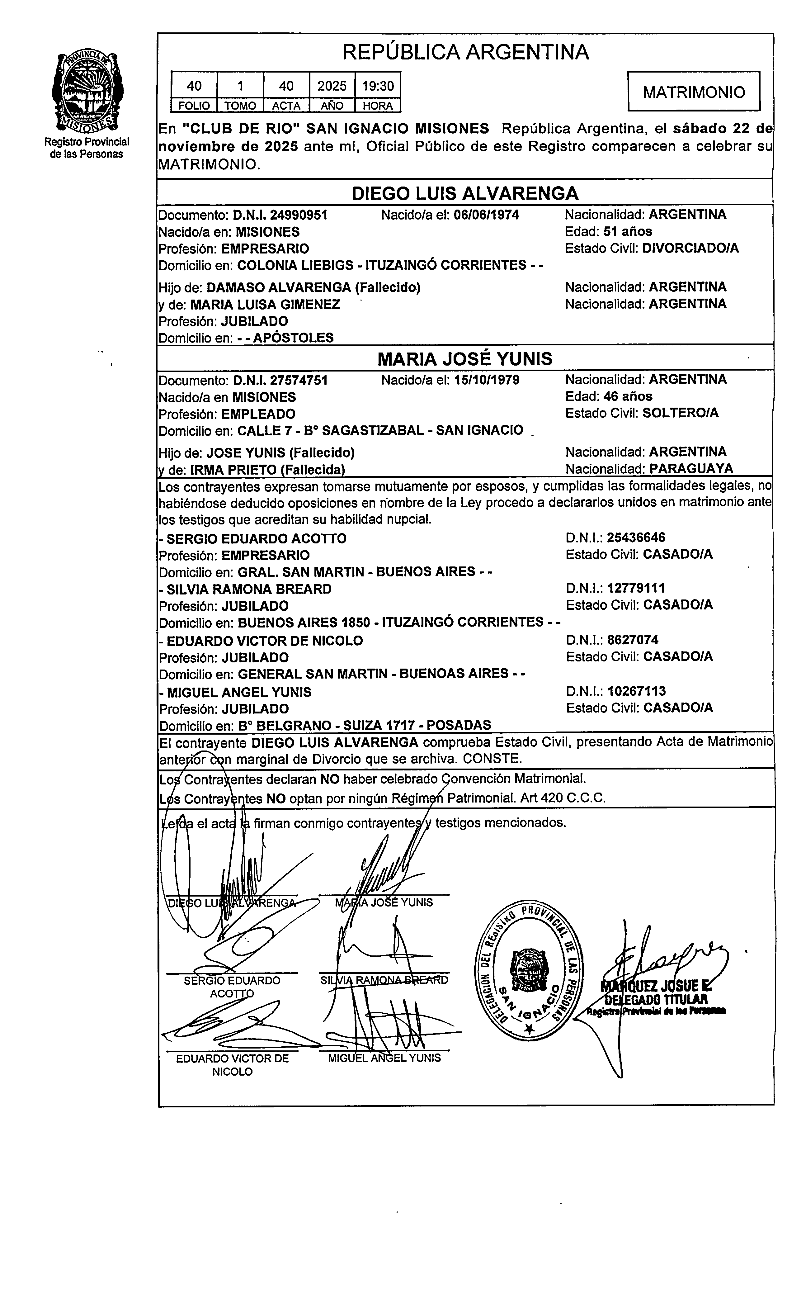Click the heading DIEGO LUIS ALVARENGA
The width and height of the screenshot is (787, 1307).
point(465,193)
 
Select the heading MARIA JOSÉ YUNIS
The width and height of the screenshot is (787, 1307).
point(465,359)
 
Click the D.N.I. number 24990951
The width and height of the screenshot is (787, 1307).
point(299,215)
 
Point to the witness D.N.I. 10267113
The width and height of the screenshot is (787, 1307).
point(636,691)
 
